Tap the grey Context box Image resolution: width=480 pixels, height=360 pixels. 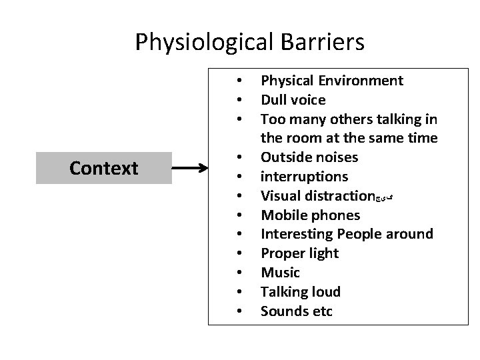[103, 167]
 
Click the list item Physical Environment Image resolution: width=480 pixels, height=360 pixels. [331, 81]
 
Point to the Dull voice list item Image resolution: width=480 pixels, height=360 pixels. [293, 100]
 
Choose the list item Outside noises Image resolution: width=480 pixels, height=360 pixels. [309, 157]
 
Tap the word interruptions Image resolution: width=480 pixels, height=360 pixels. [304, 177]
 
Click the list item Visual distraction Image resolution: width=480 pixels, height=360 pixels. [317, 196]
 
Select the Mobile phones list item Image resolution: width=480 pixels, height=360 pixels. [310, 215]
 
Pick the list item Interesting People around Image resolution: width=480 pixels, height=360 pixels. [347, 234]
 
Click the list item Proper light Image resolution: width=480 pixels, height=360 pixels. [299, 253]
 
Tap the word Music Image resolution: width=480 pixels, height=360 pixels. [280, 273]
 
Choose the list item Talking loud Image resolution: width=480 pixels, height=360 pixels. [300, 292]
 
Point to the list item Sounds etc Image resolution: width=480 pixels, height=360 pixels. [296, 311]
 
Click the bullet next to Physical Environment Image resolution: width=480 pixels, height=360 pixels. [238, 81]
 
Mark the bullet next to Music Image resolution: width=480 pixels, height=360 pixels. [238, 273]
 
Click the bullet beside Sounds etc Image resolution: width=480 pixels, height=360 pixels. [238, 311]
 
